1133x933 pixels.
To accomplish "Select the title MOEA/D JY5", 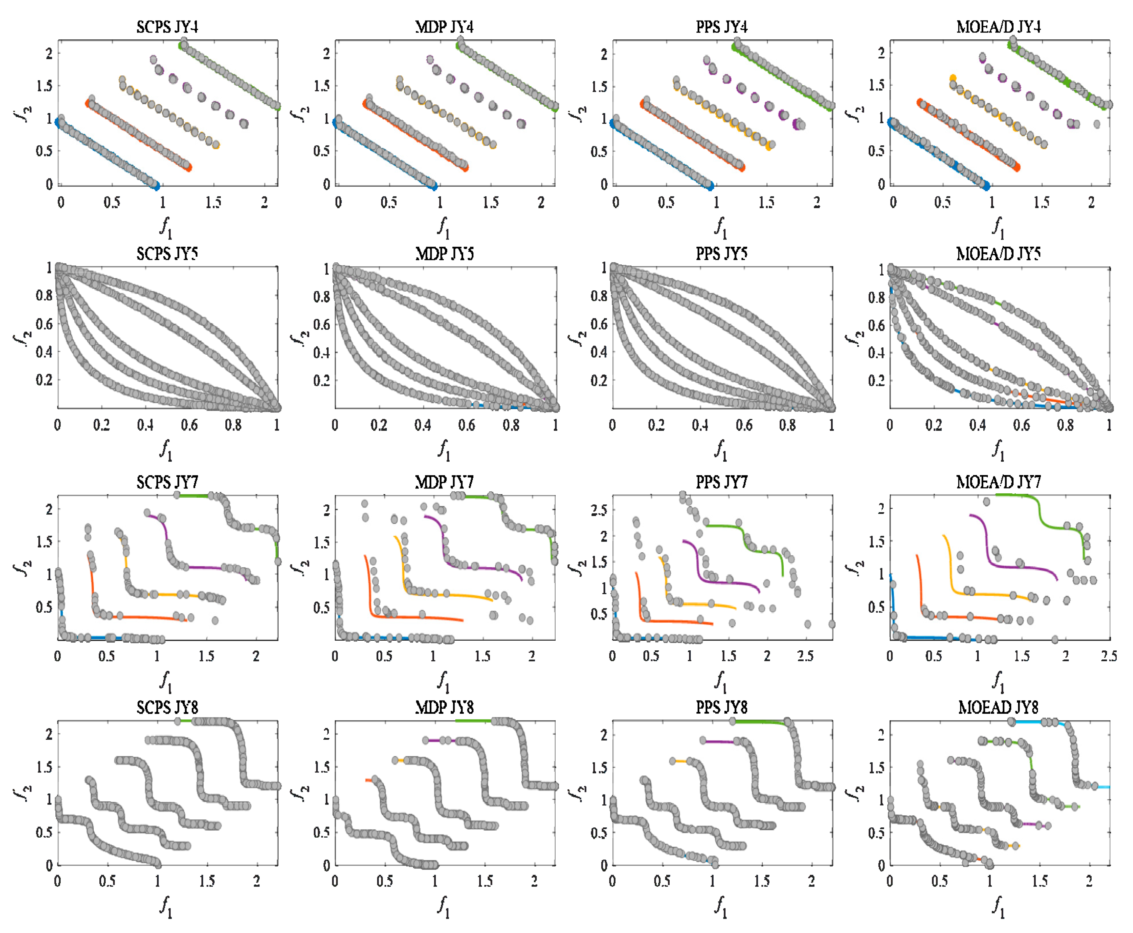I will coord(998,254).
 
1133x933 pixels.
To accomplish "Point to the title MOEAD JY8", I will coord(998,707).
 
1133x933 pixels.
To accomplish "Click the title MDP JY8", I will coord(444,707).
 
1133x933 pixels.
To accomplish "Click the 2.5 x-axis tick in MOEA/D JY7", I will coord(1109,656).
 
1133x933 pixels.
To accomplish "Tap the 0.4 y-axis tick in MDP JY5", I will coord(322,353).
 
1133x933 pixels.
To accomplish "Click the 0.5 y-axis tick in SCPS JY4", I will coord(44,150).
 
